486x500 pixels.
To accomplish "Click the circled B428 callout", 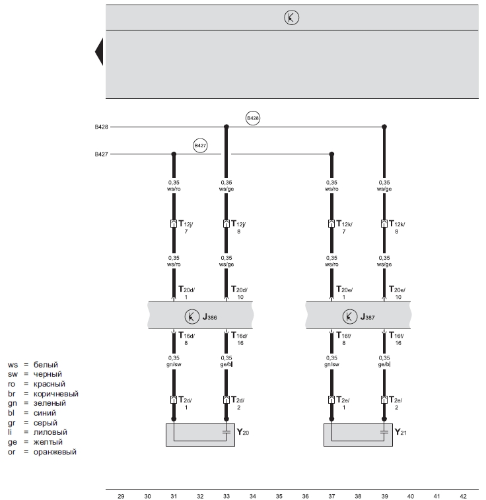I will click(x=253, y=119).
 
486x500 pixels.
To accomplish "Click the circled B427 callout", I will click(x=200, y=146).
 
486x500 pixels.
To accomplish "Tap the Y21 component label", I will click(x=401, y=433).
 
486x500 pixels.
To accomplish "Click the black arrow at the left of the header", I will click(x=100, y=52).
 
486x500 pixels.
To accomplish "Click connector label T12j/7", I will click(x=185, y=227).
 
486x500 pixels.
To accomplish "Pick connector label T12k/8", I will click(x=396, y=227).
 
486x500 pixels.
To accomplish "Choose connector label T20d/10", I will click(x=239, y=292).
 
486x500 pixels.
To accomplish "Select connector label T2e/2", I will click(x=396, y=403).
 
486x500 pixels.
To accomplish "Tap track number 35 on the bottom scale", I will click(x=279, y=495).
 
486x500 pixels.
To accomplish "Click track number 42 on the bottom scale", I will click(x=463, y=495).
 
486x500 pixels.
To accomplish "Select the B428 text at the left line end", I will click(x=101, y=126).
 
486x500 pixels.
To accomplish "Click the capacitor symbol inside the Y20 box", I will click(x=226, y=433).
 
